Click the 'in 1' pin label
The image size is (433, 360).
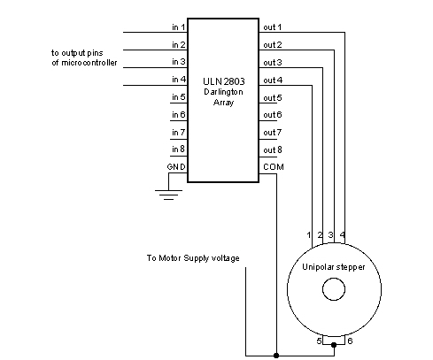point(179,27)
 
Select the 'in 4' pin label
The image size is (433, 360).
point(179,80)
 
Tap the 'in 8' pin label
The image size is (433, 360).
point(179,149)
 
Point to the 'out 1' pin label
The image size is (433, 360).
point(273,27)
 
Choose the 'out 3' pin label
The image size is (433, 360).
point(273,63)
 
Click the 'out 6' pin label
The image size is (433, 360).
point(273,115)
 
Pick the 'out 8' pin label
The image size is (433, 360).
point(273,149)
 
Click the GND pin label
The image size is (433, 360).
point(176,167)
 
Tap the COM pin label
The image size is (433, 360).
point(274,167)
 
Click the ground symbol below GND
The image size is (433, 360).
point(168,195)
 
